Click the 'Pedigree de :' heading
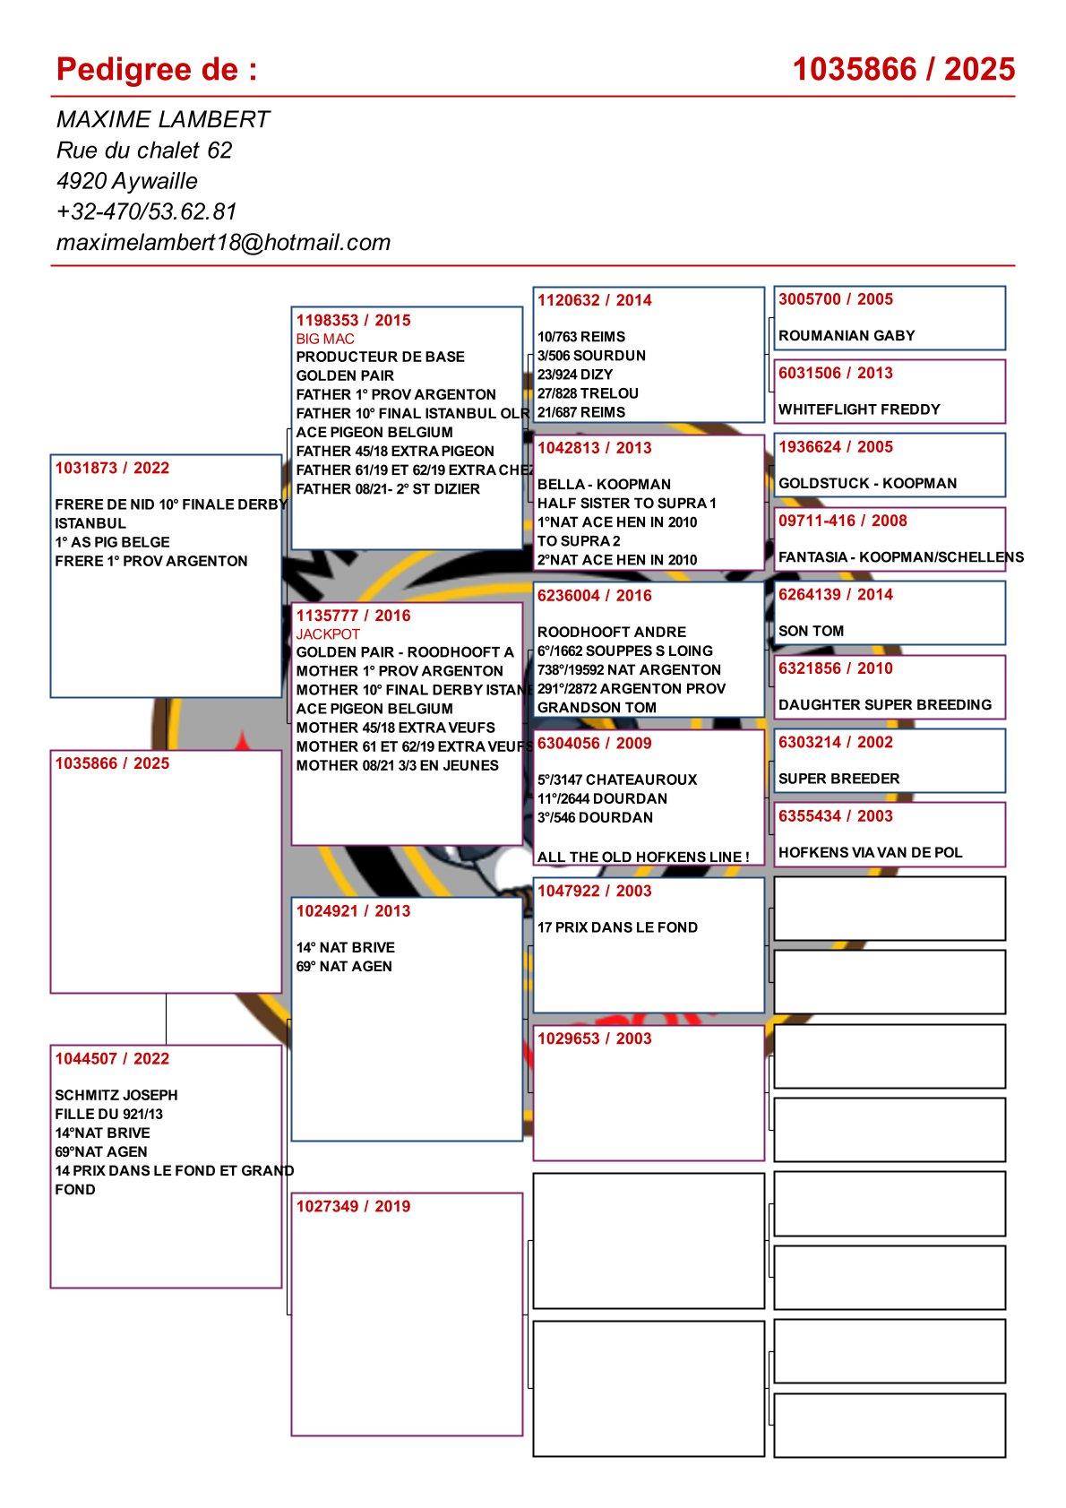coord(157,69)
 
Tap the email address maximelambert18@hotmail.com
coord(223,242)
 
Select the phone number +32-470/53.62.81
coord(146,211)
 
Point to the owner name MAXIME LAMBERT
coord(162,120)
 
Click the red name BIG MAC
coord(325,339)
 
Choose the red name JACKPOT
coord(328,633)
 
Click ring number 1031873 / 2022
coord(112,468)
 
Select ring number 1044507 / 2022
coord(112,1058)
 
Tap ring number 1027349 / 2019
coord(353,1206)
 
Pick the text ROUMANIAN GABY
coord(847,336)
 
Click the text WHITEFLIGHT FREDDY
coord(859,409)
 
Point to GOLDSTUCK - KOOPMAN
coord(867,484)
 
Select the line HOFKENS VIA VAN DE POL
coord(870,853)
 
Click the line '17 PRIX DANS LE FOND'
coord(617,927)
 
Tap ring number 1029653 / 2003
coord(595,1038)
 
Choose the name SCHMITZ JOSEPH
coord(116,1095)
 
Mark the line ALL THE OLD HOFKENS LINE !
coord(642,857)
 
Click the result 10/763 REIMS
coord(581,337)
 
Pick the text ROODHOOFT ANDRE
coord(611,633)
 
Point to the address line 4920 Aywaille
coord(126,181)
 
